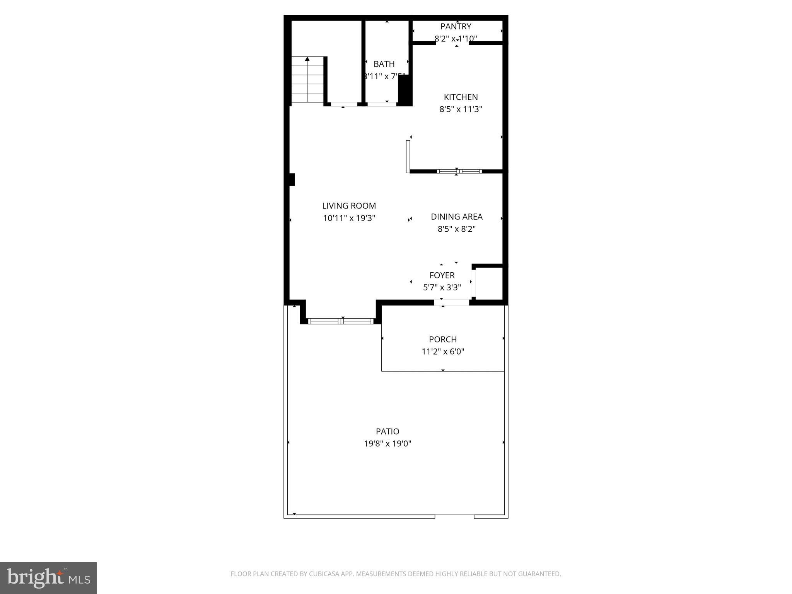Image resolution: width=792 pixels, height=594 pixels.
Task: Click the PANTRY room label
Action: coord(456,27)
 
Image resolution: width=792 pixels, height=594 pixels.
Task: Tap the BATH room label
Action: coord(384,64)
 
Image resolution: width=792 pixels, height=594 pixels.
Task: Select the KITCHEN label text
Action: coord(461,97)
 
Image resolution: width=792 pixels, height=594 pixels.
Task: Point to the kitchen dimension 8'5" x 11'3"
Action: coord(461,109)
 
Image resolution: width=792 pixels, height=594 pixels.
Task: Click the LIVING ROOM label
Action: coord(349,206)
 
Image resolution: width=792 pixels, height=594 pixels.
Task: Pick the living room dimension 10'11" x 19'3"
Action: coord(349,218)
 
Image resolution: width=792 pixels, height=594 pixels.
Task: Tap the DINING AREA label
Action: coord(456,217)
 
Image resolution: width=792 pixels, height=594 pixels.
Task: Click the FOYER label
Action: coord(442,275)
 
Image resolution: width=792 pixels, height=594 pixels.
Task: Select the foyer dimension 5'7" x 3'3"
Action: coord(442,288)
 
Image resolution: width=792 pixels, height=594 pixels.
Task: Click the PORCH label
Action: coord(442,340)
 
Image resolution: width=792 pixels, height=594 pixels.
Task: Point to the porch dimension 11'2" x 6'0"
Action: coord(442,352)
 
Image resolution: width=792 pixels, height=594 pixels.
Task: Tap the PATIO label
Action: coord(387,432)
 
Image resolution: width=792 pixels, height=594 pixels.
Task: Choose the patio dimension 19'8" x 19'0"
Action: coord(387,444)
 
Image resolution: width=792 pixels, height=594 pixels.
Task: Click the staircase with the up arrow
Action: coord(307,80)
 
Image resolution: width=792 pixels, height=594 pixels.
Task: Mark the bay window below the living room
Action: coord(341,321)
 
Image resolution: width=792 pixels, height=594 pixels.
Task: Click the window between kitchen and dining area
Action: coord(459,171)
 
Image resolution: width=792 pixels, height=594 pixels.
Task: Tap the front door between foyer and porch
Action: coord(451,302)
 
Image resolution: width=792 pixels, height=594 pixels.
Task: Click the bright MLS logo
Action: coord(48,578)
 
